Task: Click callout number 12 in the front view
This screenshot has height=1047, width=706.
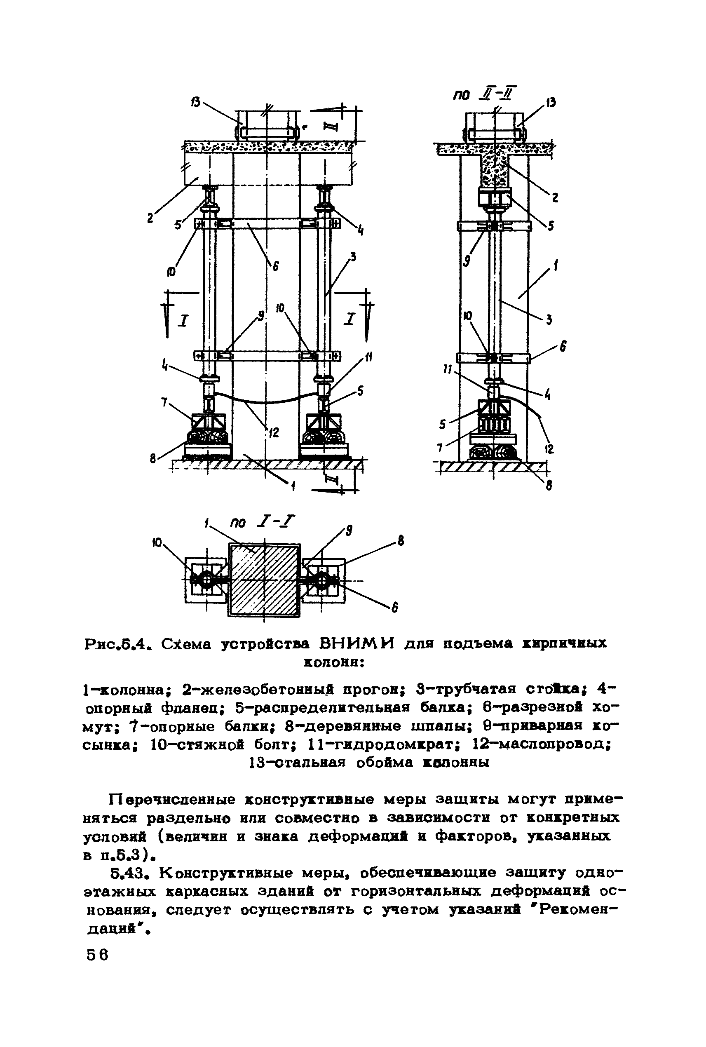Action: coord(273,433)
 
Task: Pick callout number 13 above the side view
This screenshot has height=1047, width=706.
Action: coord(552,102)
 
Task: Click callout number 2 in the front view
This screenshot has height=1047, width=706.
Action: coord(150,218)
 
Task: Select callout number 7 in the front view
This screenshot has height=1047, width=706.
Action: coord(165,401)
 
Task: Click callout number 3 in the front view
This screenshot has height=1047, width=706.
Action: coord(354,257)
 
